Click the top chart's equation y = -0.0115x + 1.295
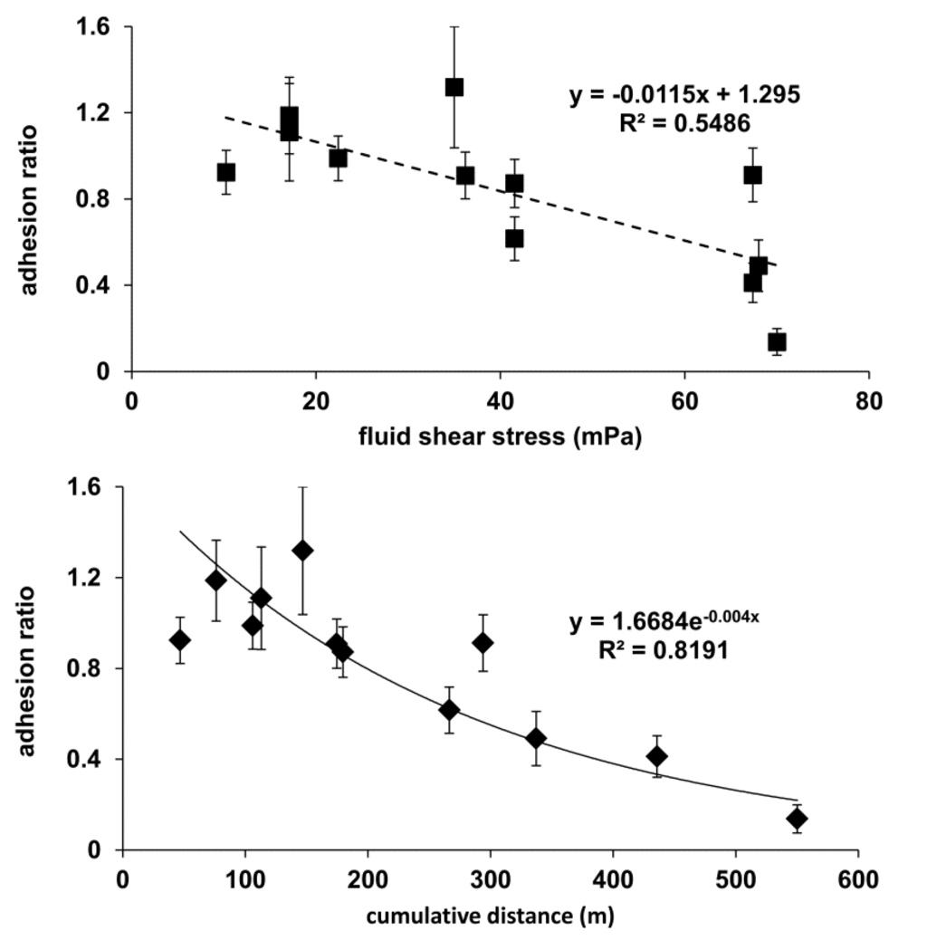(x=684, y=94)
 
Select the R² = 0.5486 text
(x=684, y=122)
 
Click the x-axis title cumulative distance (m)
(x=490, y=916)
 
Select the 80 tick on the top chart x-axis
(x=869, y=399)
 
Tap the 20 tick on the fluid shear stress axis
(x=316, y=399)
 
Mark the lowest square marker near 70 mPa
(x=777, y=341)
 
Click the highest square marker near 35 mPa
(x=454, y=87)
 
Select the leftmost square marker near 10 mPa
(x=226, y=172)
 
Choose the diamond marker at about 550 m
(x=797, y=819)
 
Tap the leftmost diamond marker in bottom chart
(x=180, y=640)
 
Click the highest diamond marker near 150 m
(x=302, y=551)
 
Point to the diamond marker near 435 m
(x=656, y=756)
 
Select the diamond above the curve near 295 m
(x=483, y=643)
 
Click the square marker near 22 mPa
(x=339, y=158)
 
